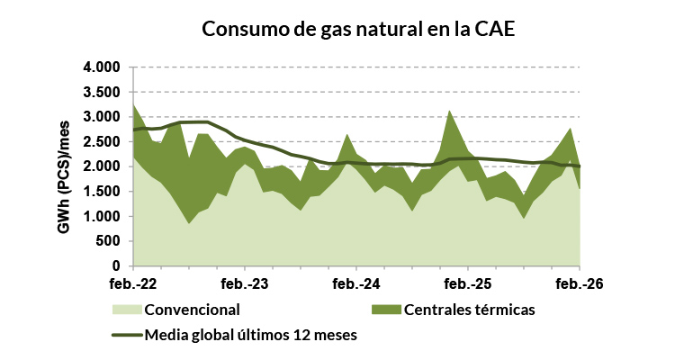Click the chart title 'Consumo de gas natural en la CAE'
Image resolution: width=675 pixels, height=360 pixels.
(x=357, y=29)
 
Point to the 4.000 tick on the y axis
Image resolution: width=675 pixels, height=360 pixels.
(x=102, y=67)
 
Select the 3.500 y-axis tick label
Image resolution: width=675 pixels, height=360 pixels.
(x=102, y=92)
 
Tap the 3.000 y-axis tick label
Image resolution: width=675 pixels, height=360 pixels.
(x=102, y=117)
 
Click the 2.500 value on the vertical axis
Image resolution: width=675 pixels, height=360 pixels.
(x=102, y=142)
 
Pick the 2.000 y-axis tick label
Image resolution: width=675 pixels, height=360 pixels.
(x=102, y=166)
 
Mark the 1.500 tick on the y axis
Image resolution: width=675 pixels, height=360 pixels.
(x=102, y=192)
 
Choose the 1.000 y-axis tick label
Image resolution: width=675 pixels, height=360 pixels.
(x=102, y=217)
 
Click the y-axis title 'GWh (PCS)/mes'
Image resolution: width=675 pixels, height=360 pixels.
(x=66, y=167)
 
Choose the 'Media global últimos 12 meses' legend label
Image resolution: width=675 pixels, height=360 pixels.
(x=244, y=336)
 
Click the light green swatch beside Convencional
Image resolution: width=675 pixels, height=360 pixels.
(x=126, y=310)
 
